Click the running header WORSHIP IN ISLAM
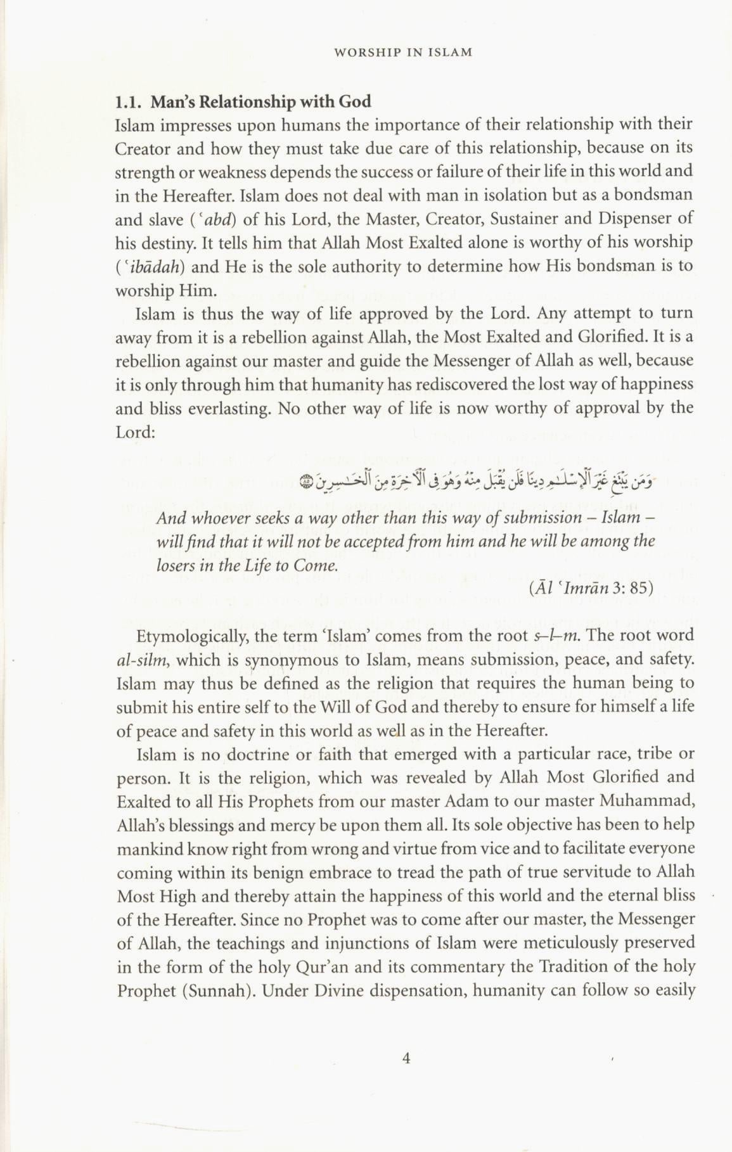click(x=403, y=53)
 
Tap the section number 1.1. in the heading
click(x=131, y=101)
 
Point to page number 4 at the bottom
click(x=406, y=1058)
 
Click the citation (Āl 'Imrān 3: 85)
click(x=589, y=588)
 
